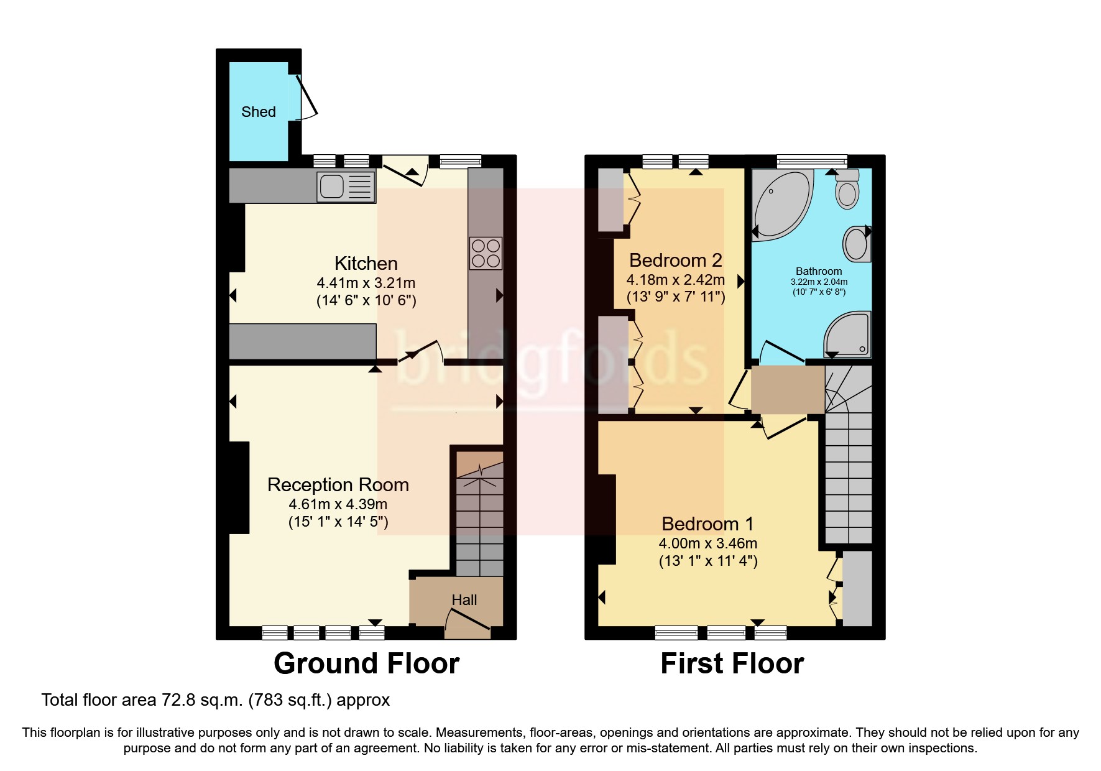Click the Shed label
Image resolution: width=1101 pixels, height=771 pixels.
click(x=258, y=112)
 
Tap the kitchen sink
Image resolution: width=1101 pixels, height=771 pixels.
click(x=346, y=186)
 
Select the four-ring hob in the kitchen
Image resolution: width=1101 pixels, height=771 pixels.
click(x=486, y=253)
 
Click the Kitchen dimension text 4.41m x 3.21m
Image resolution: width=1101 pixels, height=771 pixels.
click(x=366, y=283)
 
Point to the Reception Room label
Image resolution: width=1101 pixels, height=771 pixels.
click(x=338, y=485)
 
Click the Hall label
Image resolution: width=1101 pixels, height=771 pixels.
click(x=464, y=600)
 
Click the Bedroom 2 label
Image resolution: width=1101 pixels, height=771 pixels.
click(x=675, y=260)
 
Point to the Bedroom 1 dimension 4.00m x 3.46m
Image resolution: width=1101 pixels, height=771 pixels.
click(x=707, y=543)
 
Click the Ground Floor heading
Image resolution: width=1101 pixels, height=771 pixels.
click(x=366, y=663)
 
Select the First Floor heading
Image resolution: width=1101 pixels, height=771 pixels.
click(x=732, y=663)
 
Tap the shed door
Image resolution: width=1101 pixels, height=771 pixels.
click(x=306, y=98)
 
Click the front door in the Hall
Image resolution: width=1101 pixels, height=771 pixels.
click(x=468, y=621)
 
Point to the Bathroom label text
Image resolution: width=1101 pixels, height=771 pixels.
click(x=819, y=271)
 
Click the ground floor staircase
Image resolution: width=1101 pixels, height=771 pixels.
click(x=479, y=516)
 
